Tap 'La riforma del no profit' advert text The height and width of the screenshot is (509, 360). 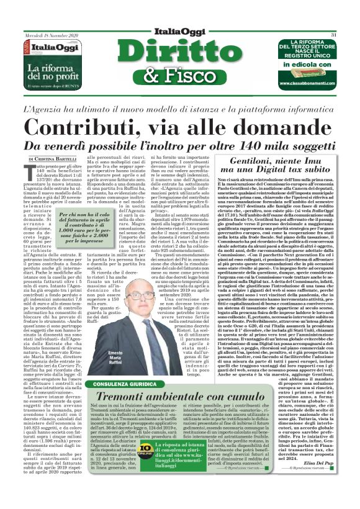[51, 67]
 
